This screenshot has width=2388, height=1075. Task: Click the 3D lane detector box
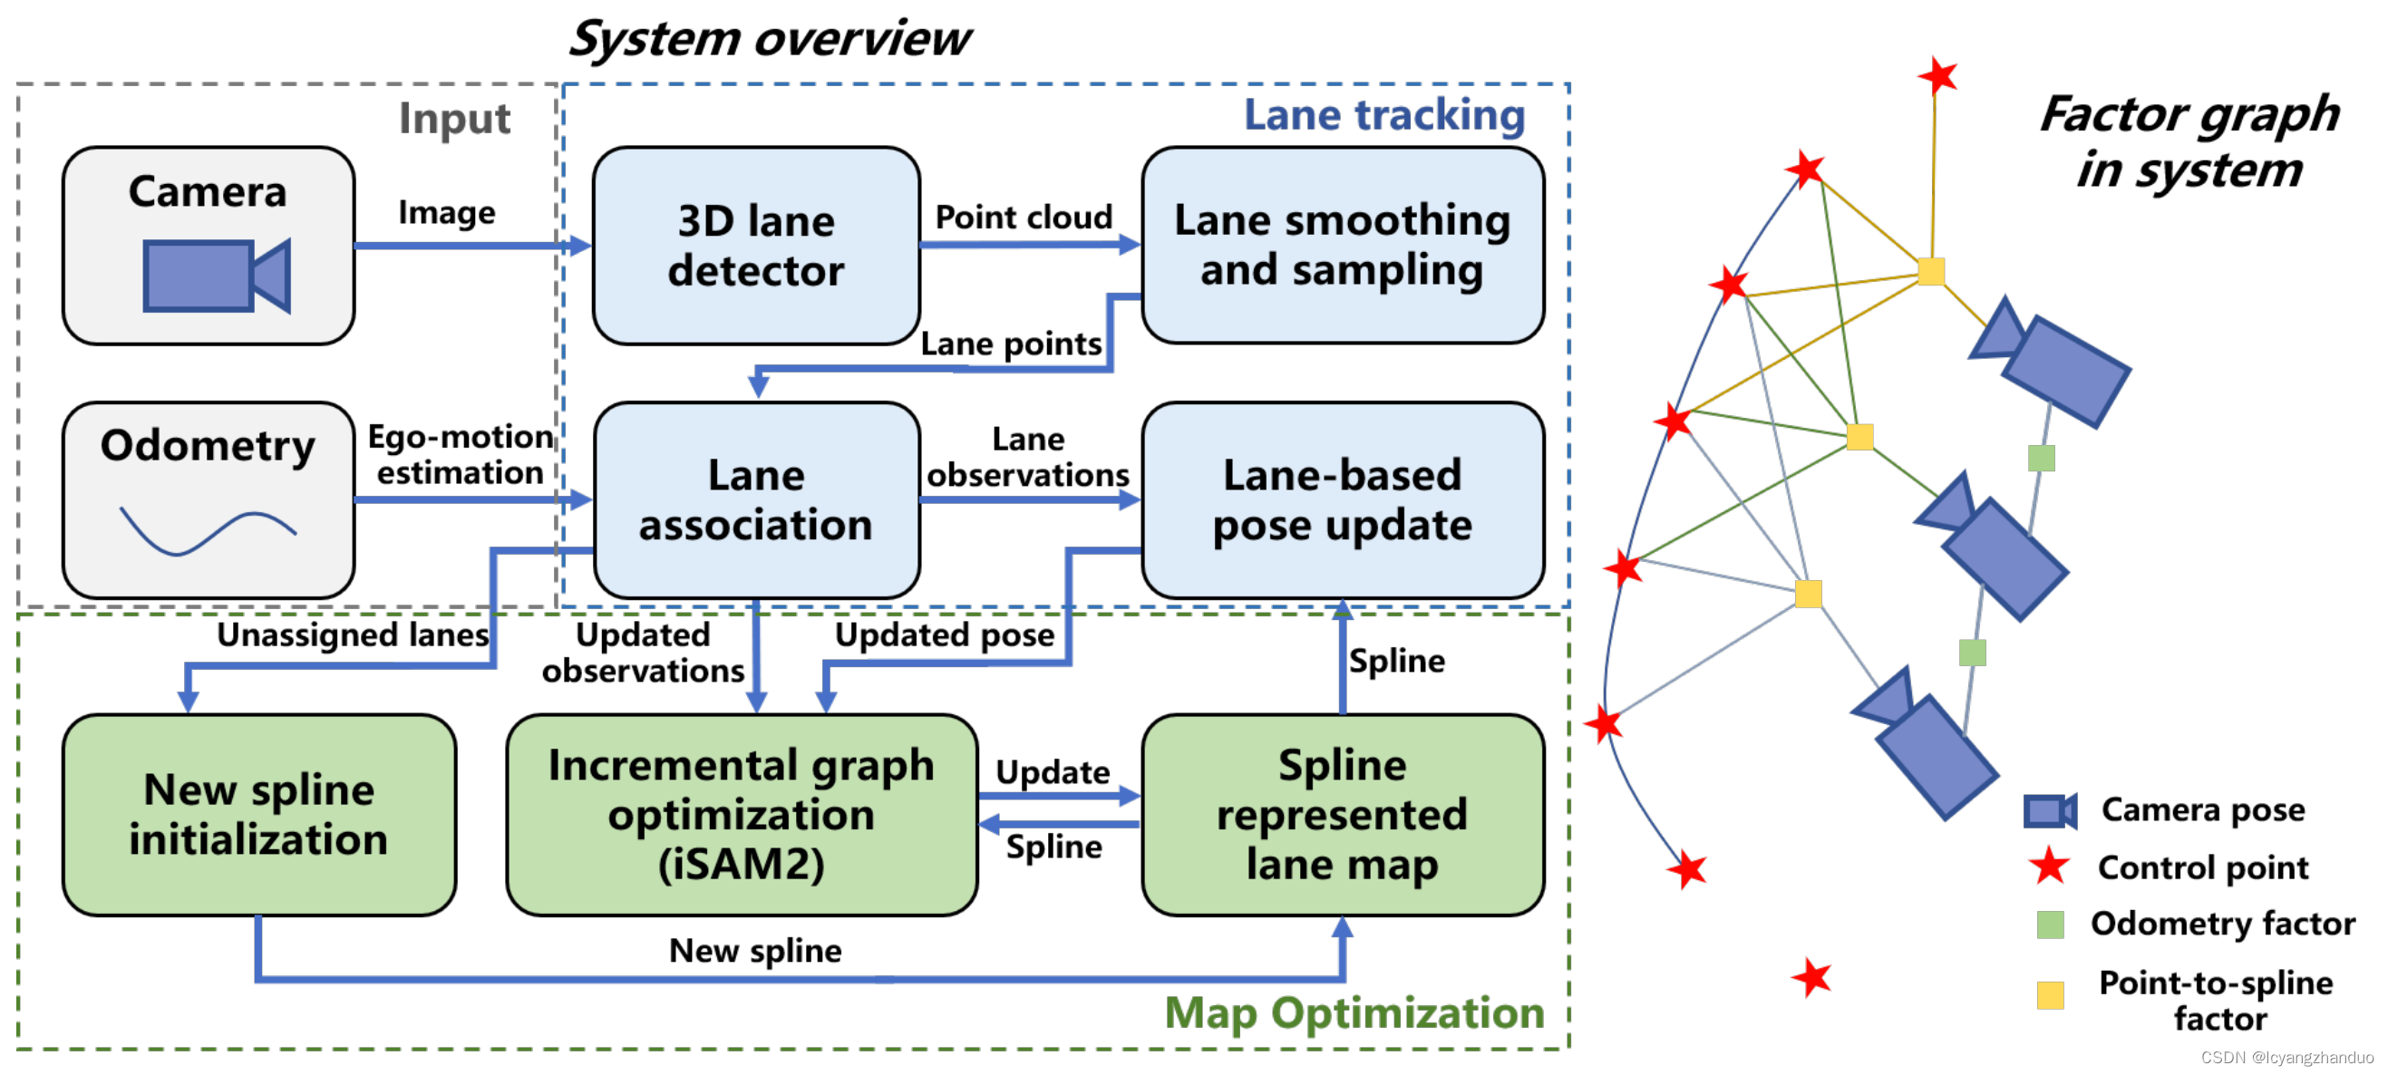pyautogui.click(x=755, y=246)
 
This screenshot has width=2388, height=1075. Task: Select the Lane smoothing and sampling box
pyautogui.click(x=1342, y=246)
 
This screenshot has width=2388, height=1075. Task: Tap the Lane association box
pyautogui.click(x=755, y=500)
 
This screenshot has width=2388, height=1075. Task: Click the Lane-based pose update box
pyautogui.click(x=1342, y=500)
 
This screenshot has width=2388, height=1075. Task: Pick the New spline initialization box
pyautogui.click(x=258, y=815)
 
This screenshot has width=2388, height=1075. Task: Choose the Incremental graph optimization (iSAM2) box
pyautogui.click(x=741, y=815)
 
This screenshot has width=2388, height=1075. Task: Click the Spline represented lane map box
pyautogui.click(x=1342, y=815)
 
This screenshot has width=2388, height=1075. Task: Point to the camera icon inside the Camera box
pyautogui.click(x=216, y=276)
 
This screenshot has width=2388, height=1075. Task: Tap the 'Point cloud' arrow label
pyautogui.click(x=1023, y=218)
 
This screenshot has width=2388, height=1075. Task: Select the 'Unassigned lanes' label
pyautogui.click(x=353, y=634)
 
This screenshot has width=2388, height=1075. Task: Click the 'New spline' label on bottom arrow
pyautogui.click(x=754, y=950)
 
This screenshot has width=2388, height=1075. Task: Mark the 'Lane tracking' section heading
pyautogui.click(x=1383, y=116)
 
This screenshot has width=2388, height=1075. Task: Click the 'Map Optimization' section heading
pyautogui.click(x=1354, y=1012)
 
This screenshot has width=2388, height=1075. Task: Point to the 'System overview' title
pyautogui.click(x=769, y=39)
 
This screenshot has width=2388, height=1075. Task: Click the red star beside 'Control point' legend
pyautogui.click(x=2049, y=867)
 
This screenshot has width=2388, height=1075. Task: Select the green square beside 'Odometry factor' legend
pyautogui.click(x=2050, y=924)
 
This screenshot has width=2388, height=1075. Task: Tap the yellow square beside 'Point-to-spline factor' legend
pyautogui.click(x=2050, y=995)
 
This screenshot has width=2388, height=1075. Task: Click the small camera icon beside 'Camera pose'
pyautogui.click(x=2050, y=811)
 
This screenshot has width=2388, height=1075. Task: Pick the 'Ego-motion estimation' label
pyautogui.click(x=460, y=455)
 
